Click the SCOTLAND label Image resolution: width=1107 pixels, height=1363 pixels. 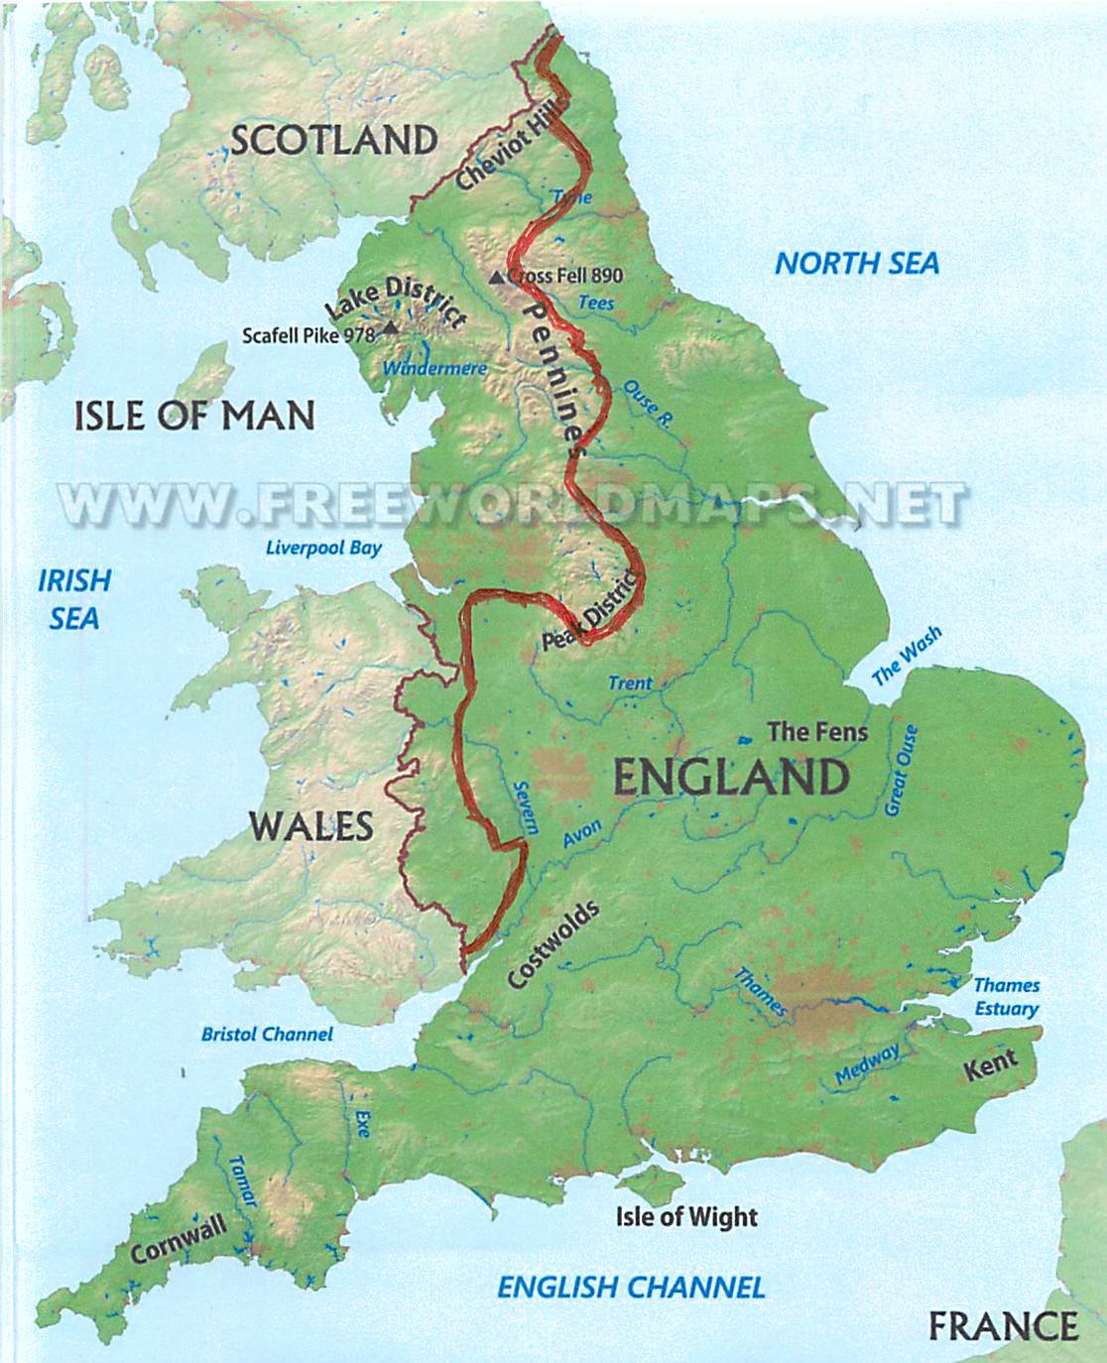pyautogui.click(x=333, y=140)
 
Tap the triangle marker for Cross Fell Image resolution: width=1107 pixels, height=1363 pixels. pyautogui.click(x=497, y=277)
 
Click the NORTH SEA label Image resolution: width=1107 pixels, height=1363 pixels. pyautogui.click(x=856, y=263)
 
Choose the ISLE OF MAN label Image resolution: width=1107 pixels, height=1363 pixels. pyautogui.click(x=194, y=415)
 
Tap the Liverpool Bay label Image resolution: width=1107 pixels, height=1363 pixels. pyautogui.click(x=323, y=548)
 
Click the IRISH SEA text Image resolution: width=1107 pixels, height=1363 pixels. pyautogui.click(x=74, y=599)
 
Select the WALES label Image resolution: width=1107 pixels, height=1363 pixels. pyautogui.click(x=310, y=825)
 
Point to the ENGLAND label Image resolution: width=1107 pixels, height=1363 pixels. pyautogui.click(x=731, y=777)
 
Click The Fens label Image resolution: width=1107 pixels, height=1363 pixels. pyautogui.click(x=818, y=732)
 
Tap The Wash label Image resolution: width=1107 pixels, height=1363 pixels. pyautogui.click(x=906, y=658)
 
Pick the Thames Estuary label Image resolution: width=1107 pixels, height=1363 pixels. pyautogui.click(x=1006, y=997)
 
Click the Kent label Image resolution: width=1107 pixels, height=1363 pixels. pyautogui.click(x=992, y=1066)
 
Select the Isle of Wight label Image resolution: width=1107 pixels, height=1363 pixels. pyautogui.click(x=686, y=1217)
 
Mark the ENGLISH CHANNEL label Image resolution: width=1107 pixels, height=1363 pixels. pyautogui.click(x=631, y=1288)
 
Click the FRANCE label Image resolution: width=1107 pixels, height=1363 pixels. pyautogui.click(x=1002, y=1326)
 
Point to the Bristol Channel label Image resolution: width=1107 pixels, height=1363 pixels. pyautogui.click(x=267, y=1034)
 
